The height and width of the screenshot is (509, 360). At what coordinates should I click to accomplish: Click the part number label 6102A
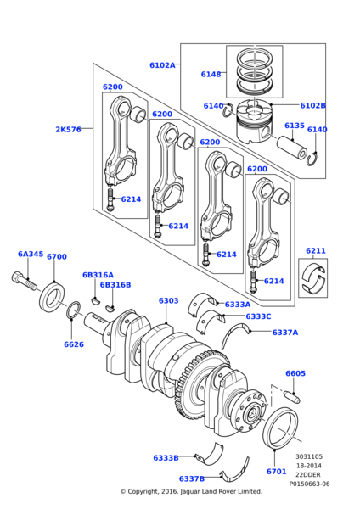click(x=162, y=65)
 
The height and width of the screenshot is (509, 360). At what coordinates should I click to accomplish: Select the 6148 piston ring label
click(x=211, y=75)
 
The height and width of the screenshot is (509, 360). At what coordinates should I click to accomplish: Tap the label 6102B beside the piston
click(x=312, y=105)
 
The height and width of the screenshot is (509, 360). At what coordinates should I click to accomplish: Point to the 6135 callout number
click(x=294, y=126)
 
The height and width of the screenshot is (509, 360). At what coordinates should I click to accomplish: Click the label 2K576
click(x=68, y=130)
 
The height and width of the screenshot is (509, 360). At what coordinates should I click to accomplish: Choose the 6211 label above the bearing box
click(x=316, y=251)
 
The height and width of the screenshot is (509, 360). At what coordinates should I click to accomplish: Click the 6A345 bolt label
click(x=31, y=254)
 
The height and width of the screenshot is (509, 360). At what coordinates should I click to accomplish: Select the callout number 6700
click(x=57, y=256)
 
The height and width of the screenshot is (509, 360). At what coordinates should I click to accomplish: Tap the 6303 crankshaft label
click(x=168, y=300)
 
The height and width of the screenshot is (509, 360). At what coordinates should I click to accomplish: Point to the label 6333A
click(x=238, y=304)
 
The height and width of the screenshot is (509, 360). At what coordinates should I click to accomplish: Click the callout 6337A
click(x=285, y=333)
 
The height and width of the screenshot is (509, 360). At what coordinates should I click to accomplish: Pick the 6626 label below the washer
click(x=74, y=344)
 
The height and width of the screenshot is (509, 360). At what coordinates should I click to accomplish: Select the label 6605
click(x=295, y=373)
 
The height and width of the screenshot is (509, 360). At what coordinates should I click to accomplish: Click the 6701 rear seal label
click(x=276, y=471)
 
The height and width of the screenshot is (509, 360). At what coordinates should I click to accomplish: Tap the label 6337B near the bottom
click(x=191, y=478)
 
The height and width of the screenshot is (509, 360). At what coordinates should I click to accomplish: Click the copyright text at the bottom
click(x=191, y=491)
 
